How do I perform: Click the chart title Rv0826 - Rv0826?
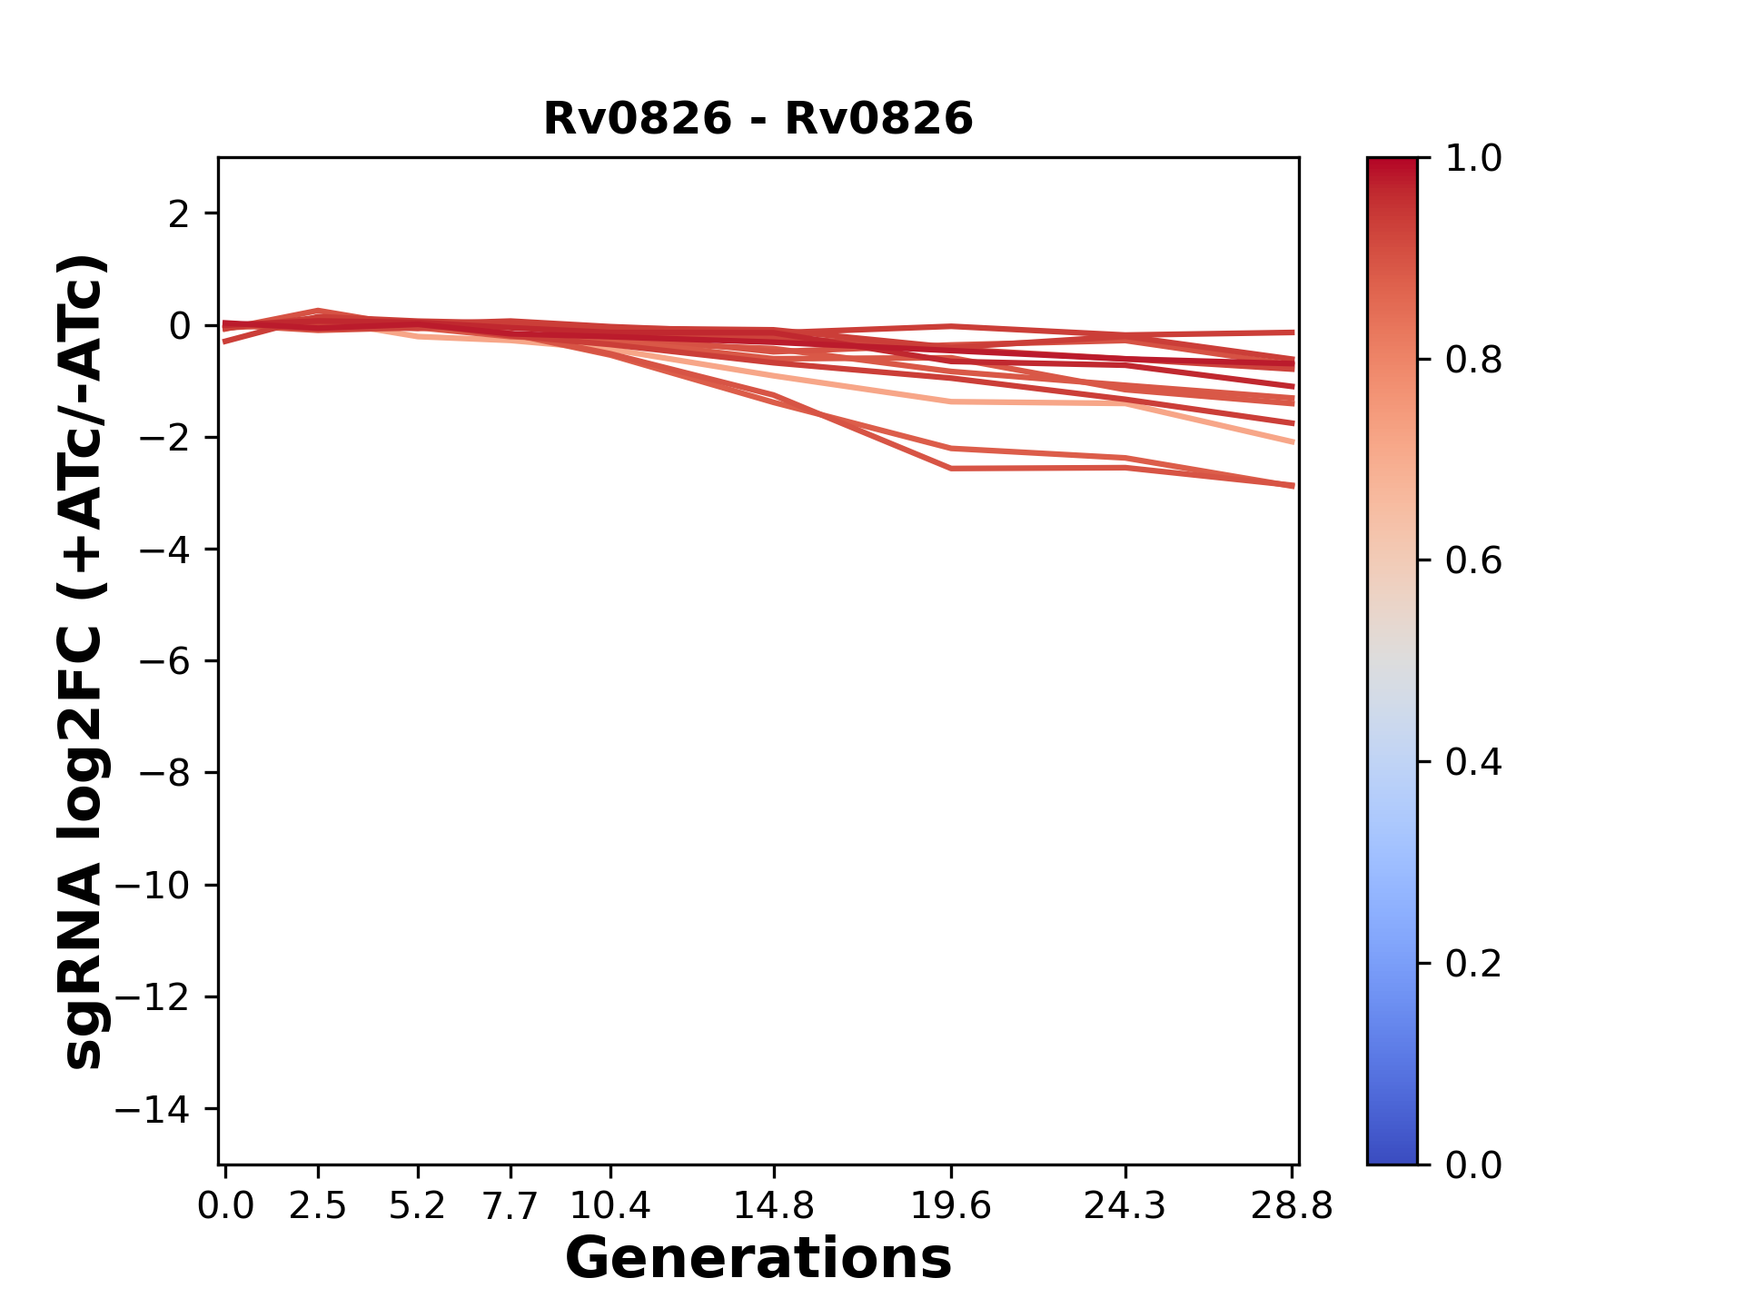pyautogui.click(x=758, y=119)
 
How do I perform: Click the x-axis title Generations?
pyautogui.click(x=758, y=1259)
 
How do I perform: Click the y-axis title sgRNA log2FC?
pyautogui.click(x=84, y=661)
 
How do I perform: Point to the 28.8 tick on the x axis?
pyautogui.click(x=1292, y=1206)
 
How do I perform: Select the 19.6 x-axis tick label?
pyautogui.click(x=950, y=1206)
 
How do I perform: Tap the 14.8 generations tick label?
pyautogui.click(x=773, y=1206)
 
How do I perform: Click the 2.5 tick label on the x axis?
pyautogui.click(x=318, y=1206)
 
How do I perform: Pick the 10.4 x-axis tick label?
pyautogui.click(x=609, y=1206)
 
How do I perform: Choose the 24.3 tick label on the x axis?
pyautogui.click(x=1125, y=1206)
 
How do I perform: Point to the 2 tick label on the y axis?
pyautogui.click(x=180, y=214)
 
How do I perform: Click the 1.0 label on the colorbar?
pyautogui.click(x=1473, y=159)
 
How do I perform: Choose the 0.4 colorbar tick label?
pyautogui.click(x=1473, y=762)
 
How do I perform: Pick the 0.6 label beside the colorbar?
pyautogui.click(x=1473, y=561)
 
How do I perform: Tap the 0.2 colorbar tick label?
pyautogui.click(x=1473, y=964)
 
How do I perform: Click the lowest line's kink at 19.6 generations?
pyautogui.click(x=950, y=469)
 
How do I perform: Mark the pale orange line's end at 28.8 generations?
pyautogui.click(x=1292, y=442)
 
